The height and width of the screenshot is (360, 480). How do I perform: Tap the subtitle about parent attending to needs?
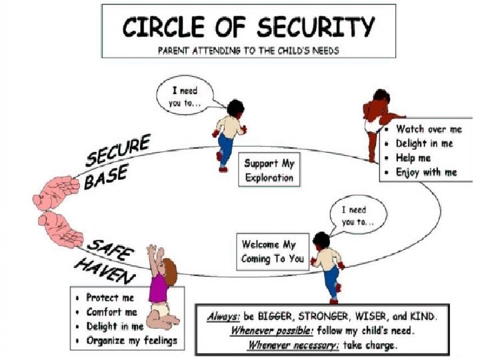pos(248,51)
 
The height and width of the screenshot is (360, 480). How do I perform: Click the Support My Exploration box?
pos(269,171)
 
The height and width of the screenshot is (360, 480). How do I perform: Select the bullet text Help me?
pos(413,158)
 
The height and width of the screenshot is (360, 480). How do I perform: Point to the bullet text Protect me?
pos(110,297)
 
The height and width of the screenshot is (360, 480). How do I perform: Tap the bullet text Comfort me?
pos(111,312)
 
